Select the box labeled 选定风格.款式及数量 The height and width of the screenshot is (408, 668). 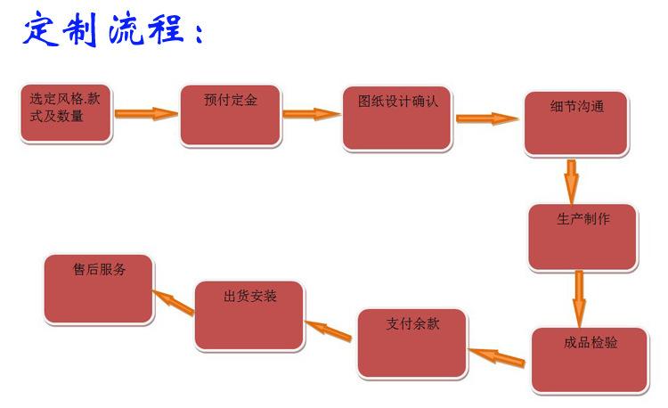coord(66,114)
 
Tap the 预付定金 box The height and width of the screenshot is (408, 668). coord(231,116)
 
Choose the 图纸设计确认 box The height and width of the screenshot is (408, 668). coord(396,118)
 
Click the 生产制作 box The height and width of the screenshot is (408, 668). coord(582,237)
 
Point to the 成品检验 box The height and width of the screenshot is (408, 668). coord(590,360)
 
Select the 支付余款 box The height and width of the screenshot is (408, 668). coord(412,343)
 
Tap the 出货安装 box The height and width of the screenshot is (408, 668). coord(249,314)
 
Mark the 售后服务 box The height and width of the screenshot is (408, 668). coord(99,289)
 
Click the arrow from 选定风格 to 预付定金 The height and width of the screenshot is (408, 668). coord(146,114)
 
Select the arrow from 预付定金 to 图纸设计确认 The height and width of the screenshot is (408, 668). coord(312,114)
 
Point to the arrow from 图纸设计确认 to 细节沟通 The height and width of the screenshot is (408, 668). coord(486,118)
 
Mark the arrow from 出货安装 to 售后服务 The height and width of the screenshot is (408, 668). coord(174,301)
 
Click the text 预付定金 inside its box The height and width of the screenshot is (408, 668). coord(231,101)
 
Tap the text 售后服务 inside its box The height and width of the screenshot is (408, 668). coord(99,269)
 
